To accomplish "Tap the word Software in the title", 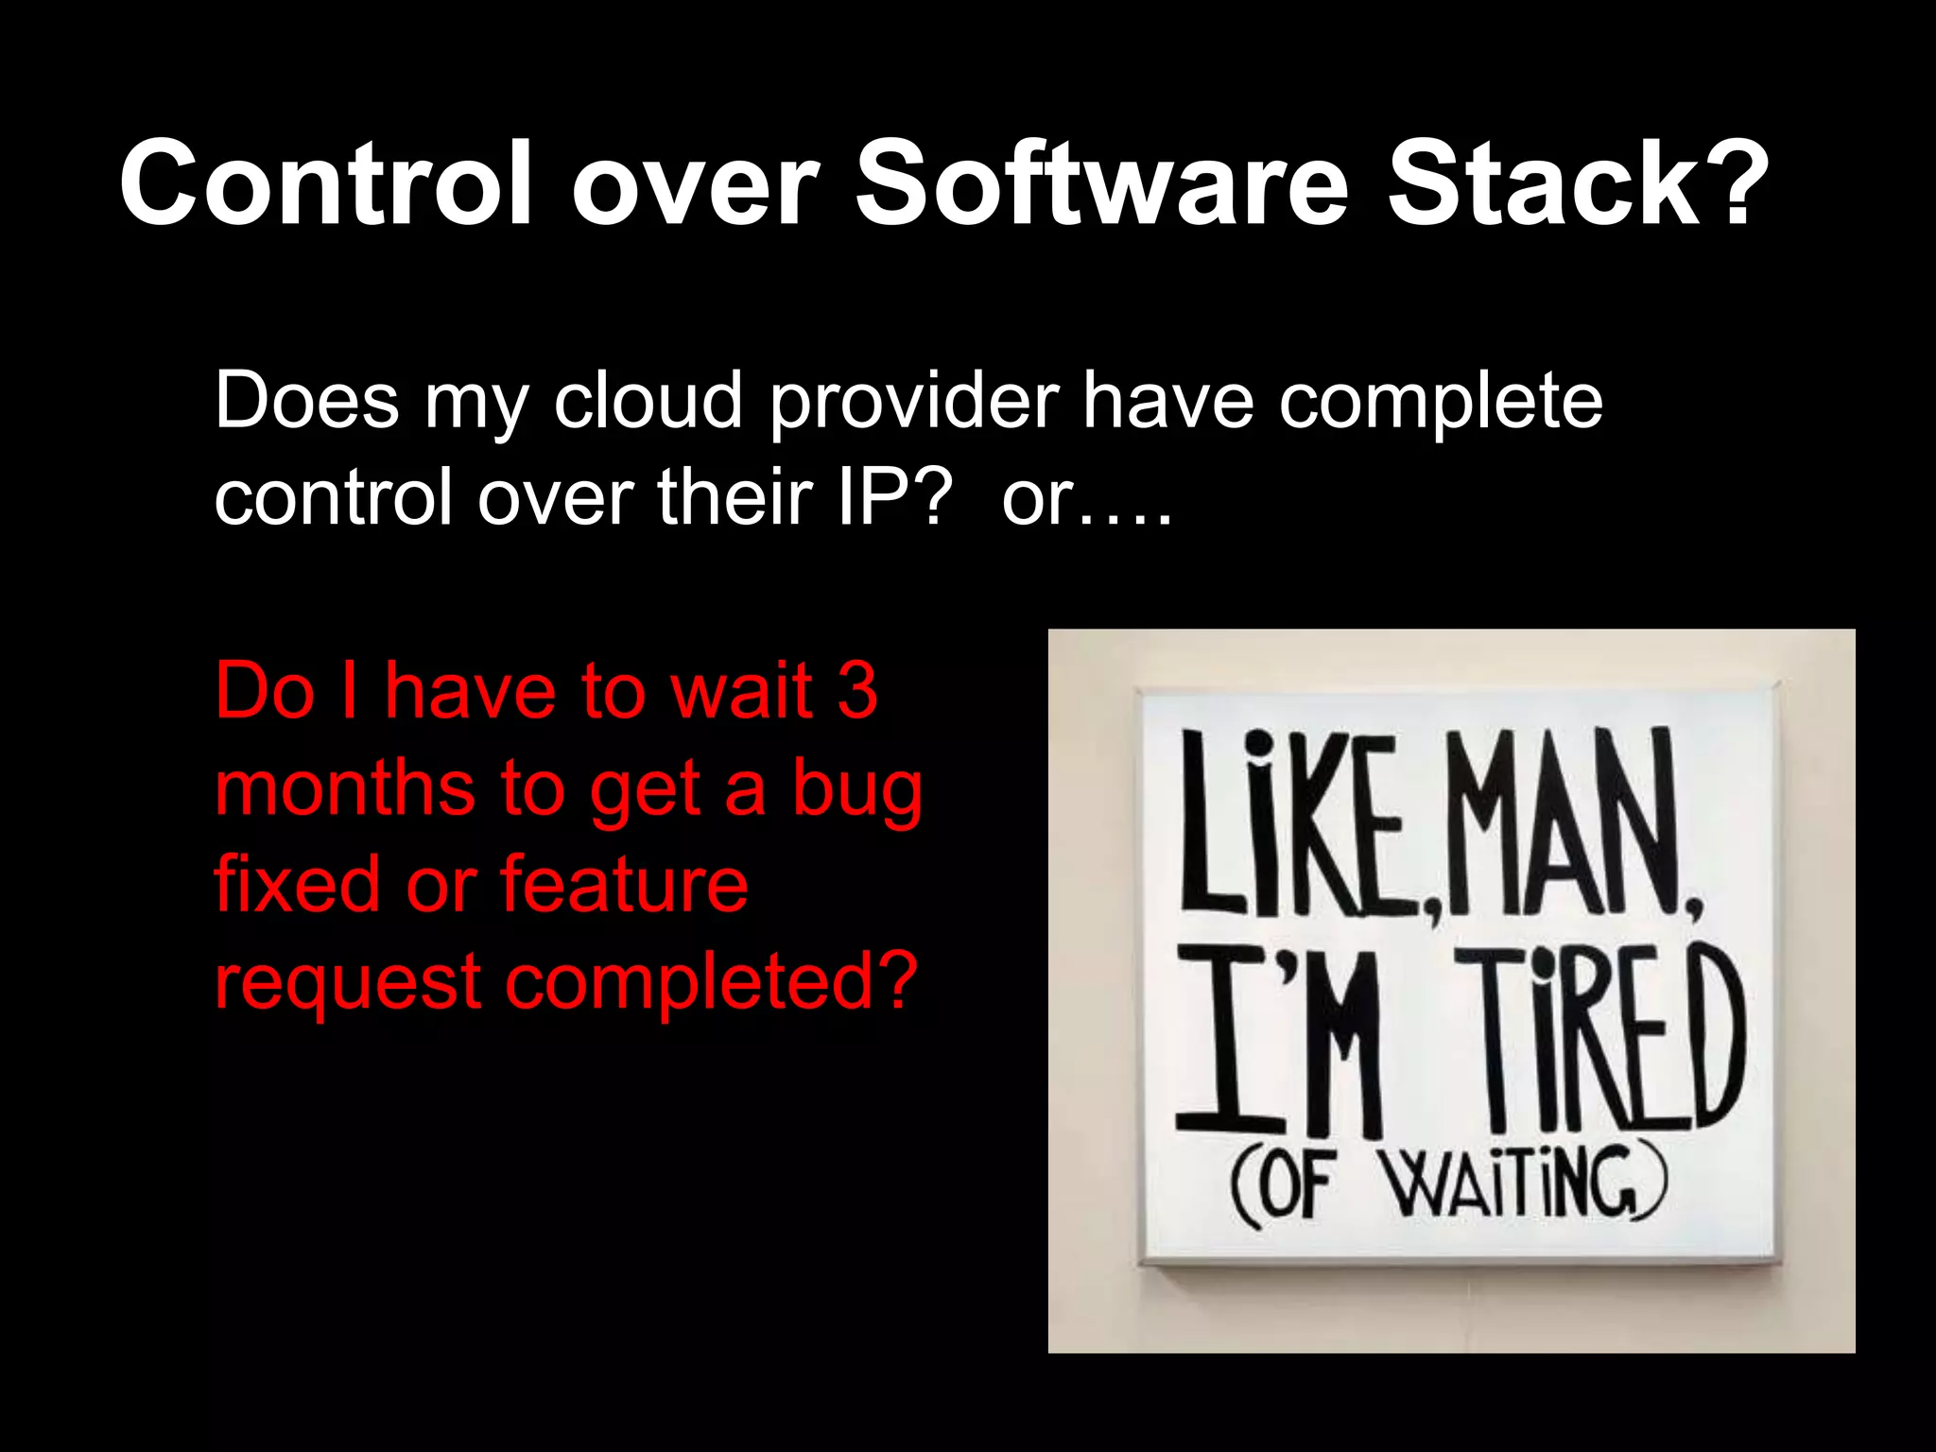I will pyautogui.click(x=1100, y=182).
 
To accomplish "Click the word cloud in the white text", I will pyautogui.click(x=648, y=401).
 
